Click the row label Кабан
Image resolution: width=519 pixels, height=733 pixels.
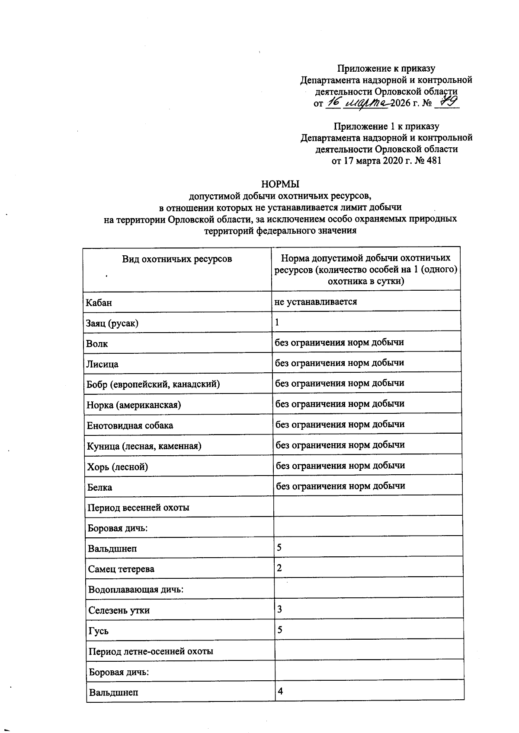pos(99,303)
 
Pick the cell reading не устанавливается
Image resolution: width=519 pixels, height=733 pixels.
pos(315,301)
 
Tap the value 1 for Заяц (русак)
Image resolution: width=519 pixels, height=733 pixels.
pos(277,322)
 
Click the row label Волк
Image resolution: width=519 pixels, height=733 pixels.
pos(97,344)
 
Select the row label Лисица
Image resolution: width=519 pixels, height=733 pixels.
pos(102,364)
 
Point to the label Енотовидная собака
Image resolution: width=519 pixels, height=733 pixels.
pos(130,425)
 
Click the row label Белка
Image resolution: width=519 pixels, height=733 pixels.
pos(99,487)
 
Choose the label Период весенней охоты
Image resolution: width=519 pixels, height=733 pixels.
pos(138,508)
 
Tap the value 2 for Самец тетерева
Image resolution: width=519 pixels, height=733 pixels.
pos(279,568)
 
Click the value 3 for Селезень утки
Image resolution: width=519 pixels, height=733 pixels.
pos(280,609)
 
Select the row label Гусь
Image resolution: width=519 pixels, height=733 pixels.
pos(98,631)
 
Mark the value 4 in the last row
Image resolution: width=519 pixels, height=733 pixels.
pos(280,691)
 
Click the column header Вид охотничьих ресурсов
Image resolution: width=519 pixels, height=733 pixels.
pos(176,259)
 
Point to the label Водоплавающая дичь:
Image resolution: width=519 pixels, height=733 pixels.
pos(136,590)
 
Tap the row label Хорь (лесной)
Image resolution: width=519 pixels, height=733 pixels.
pos(117,467)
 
